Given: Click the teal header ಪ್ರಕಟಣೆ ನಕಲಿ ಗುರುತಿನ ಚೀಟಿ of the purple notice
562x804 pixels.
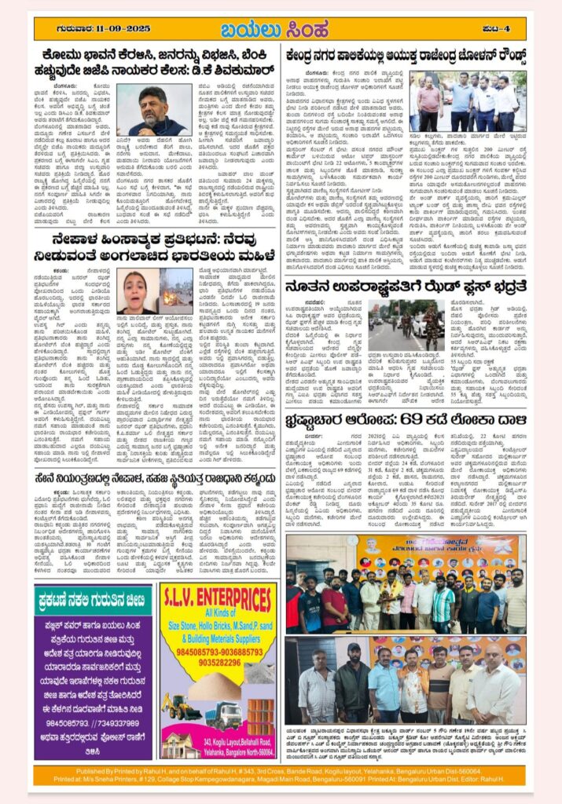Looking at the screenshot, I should tap(93, 601).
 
